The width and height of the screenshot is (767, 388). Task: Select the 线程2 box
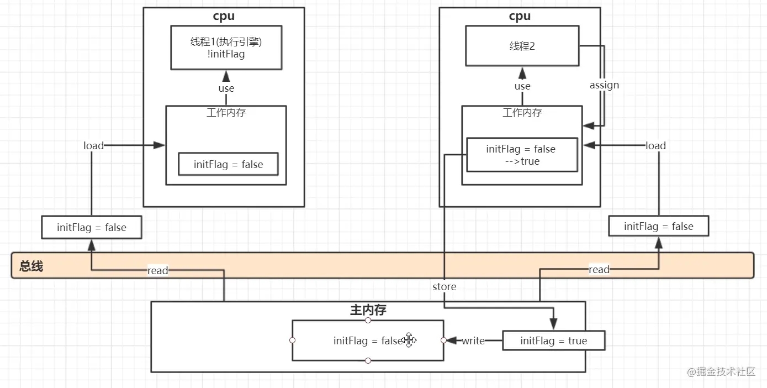522,46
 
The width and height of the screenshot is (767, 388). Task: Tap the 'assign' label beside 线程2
604,85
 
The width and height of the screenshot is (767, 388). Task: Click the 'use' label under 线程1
226,88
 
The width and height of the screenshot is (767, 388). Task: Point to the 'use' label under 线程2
522,86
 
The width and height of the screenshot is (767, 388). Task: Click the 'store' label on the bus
445,287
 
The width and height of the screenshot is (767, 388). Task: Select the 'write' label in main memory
473,341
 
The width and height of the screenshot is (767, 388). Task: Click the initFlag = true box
553,341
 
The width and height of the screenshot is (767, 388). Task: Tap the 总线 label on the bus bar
31,266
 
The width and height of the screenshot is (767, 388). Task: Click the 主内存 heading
368,310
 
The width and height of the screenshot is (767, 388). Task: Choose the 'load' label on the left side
93,145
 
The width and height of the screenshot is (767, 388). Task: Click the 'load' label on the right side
655,146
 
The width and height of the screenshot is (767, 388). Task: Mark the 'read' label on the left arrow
157,271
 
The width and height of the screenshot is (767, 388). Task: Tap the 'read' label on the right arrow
599,270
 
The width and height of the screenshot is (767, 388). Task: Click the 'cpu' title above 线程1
224,16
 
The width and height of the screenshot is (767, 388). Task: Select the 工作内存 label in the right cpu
522,113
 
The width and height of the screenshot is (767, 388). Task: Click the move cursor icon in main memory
409,340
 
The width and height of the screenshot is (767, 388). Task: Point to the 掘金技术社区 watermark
721,372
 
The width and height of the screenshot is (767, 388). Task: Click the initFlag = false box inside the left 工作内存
228,165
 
